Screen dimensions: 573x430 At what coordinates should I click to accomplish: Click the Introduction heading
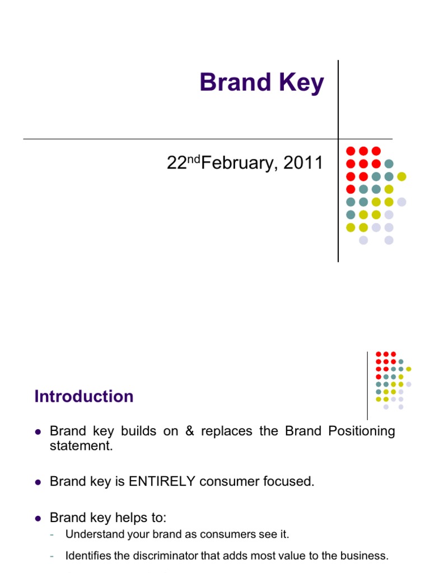click(x=84, y=396)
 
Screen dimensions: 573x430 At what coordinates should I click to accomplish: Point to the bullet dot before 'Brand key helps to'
click(x=38, y=518)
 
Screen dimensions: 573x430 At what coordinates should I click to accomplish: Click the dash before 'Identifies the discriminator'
click(x=52, y=556)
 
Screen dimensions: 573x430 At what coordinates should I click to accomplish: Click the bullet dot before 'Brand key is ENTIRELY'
click(x=38, y=482)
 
